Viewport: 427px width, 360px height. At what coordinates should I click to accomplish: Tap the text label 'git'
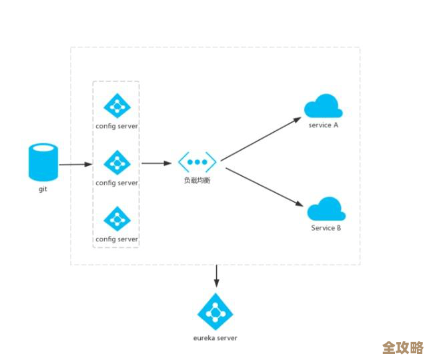tap(43, 189)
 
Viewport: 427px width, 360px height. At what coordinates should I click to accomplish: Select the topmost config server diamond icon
tap(117, 106)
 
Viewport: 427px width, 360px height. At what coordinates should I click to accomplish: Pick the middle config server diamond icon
tap(117, 162)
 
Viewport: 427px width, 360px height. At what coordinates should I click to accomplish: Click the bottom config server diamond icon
tap(117, 219)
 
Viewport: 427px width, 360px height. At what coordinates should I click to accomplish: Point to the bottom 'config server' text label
tap(117, 239)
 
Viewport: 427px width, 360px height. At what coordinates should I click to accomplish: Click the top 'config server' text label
tap(117, 126)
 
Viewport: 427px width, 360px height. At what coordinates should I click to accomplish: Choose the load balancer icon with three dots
tap(197, 162)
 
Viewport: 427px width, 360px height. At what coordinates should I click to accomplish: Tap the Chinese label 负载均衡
tap(197, 181)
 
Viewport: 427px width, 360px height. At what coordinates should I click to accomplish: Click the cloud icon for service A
tap(323, 106)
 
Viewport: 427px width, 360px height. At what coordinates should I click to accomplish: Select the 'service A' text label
tap(324, 125)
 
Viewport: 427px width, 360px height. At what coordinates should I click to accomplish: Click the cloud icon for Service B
tap(326, 209)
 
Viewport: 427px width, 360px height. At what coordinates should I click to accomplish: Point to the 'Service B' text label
tap(326, 228)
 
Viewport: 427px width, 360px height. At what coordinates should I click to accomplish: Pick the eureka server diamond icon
tap(215, 311)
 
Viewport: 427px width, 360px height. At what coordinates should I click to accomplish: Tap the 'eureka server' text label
tap(215, 337)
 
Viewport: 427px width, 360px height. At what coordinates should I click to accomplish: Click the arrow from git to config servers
tap(75, 164)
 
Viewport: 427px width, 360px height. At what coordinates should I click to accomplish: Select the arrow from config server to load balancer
tap(157, 163)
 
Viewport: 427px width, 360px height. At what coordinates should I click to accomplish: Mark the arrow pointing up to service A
tap(262, 139)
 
